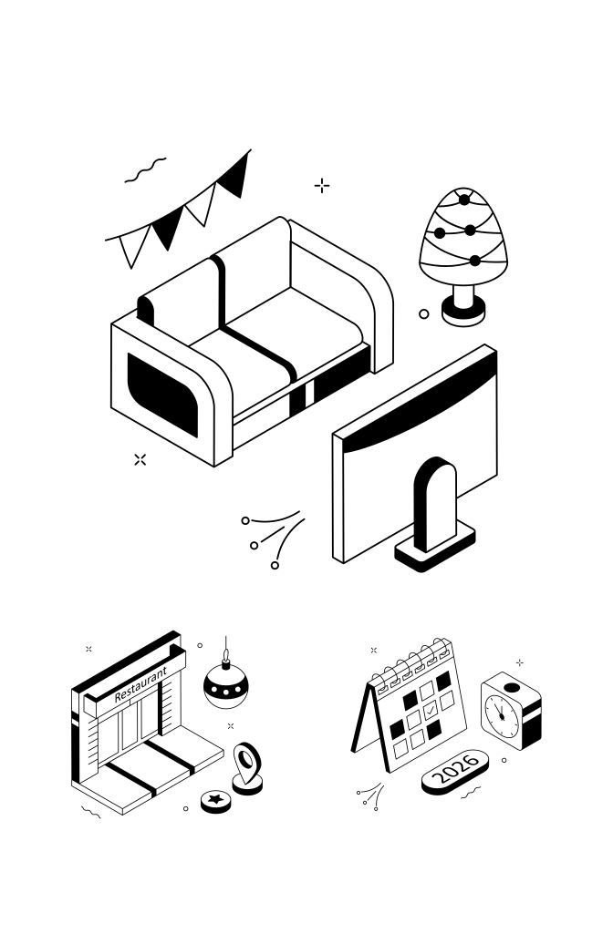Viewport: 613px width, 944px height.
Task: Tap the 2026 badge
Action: [455, 771]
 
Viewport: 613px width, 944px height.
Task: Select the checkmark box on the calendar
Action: [431, 711]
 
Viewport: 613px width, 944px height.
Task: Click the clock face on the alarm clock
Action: [501, 717]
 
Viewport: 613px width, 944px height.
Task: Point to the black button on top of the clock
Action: [512, 688]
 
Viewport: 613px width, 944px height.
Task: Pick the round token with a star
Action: [215, 800]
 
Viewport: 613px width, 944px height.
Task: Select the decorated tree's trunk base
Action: [463, 307]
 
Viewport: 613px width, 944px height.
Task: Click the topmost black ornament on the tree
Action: [464, 200]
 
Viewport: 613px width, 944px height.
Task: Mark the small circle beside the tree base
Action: [424, 314]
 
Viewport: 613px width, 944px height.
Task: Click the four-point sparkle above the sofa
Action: [322, 186]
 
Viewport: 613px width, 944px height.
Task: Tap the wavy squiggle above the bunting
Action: [146, 170]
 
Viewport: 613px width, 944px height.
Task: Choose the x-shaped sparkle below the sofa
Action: [140, 459]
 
